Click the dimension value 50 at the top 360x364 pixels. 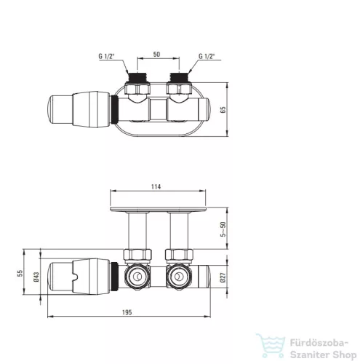tap(156, 54)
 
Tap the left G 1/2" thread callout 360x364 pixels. tap(106, 56)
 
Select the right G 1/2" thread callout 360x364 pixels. tap(207, 56)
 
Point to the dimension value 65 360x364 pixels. tap(223, 110)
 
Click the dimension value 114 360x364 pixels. tap(156, 186)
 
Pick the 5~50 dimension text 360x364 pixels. tap(223, 229)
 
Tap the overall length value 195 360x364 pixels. tap(127, 312)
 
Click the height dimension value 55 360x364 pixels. tap(20, 273)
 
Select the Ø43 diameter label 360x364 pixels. tap(36, 277)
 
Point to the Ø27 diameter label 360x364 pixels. tap(223, 277)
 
